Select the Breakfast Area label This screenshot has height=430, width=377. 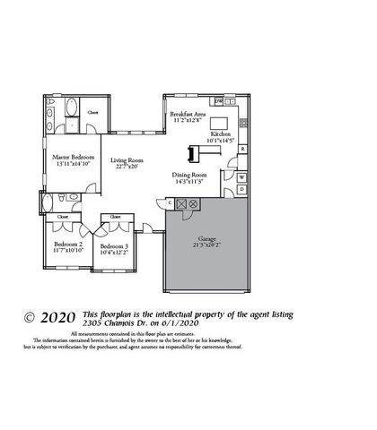click(189, 115)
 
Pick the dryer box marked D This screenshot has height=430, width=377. click(241, 190)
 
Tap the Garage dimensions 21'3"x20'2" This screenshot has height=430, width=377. click(206, 243)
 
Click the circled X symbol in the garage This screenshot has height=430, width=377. click(192, 204)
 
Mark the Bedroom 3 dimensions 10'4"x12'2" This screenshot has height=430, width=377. click(114, 253)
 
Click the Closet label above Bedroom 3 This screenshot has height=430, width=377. click(115, 217)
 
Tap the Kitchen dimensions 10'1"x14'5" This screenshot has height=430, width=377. click(221, 141)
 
